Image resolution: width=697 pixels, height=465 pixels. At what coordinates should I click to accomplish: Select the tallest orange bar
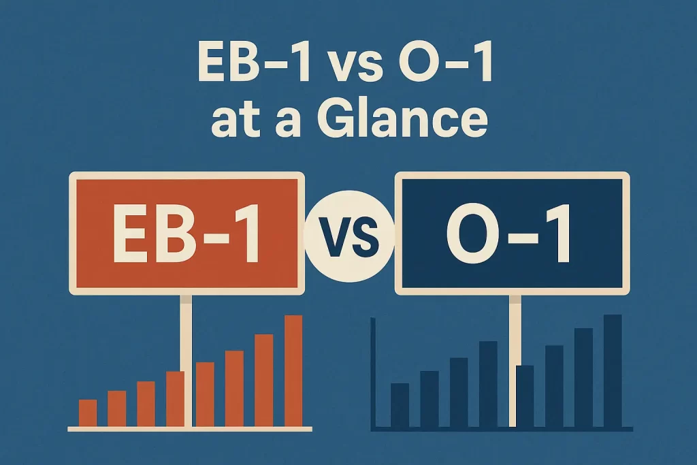tap(293, 371)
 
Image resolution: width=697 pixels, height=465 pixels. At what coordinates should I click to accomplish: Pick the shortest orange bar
tap(88, 413)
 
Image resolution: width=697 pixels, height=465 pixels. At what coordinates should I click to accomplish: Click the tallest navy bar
tap(613, 371)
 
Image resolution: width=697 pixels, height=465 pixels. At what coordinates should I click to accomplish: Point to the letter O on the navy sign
tap(471, 234)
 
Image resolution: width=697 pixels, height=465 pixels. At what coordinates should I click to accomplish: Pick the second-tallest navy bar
tap(584, 378)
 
